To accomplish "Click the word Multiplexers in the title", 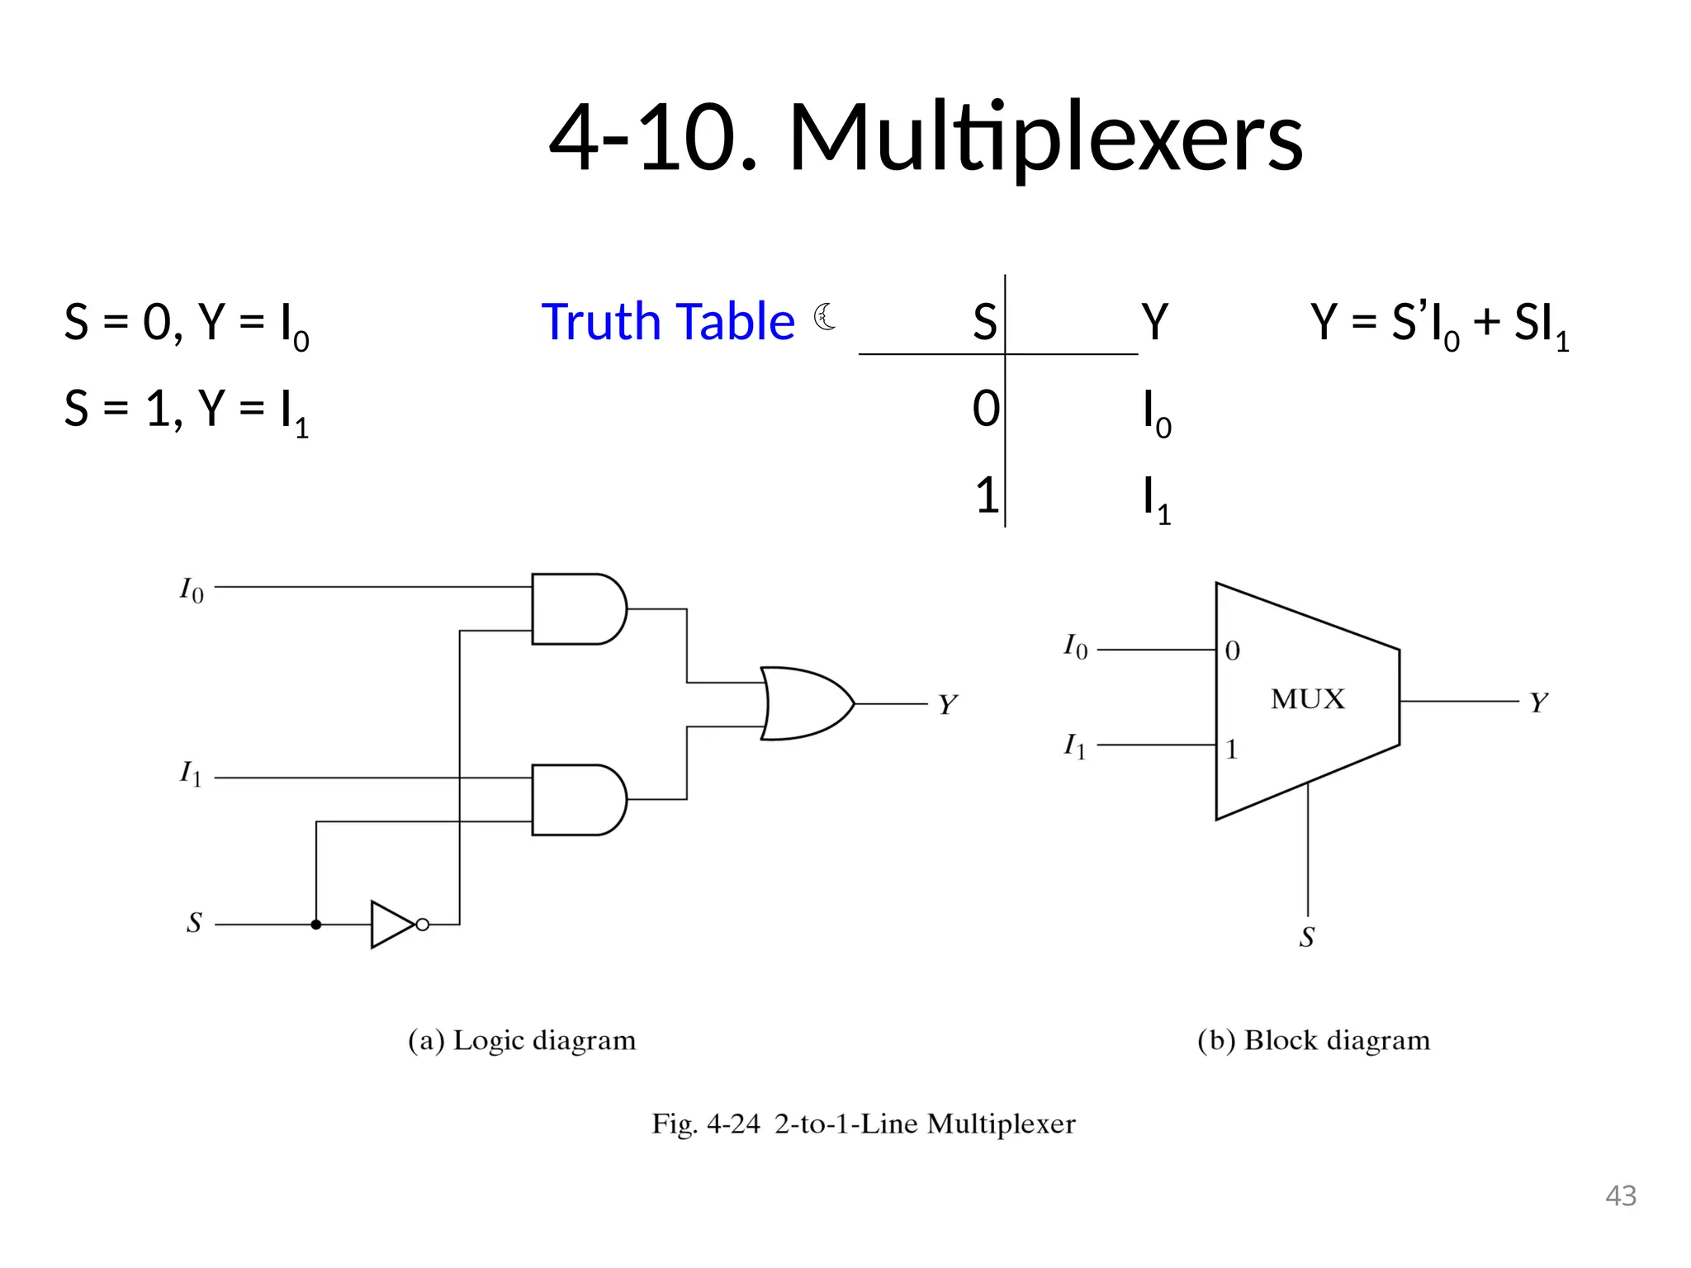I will pos(1044,139).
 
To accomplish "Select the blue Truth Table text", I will pos(667,322).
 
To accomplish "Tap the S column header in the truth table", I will pos(984,322).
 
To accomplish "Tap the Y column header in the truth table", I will pos(1154,322).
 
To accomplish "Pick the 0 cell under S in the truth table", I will pos(986,409).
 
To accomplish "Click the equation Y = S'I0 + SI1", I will pos(1439,324).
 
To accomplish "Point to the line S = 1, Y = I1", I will pos(187,410).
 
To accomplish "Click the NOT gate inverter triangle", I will pos(392,925).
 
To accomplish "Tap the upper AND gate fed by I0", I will pos(577,609).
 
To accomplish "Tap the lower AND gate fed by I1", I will pos(577,800).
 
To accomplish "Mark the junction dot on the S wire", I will pos(315,925).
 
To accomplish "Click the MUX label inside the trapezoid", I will pos(1307,700).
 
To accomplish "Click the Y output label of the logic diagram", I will pos(946,705).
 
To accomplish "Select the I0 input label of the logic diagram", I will pos(192,591).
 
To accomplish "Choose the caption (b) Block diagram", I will pos(1313,1040).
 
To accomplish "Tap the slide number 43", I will pos(1620,1196).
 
